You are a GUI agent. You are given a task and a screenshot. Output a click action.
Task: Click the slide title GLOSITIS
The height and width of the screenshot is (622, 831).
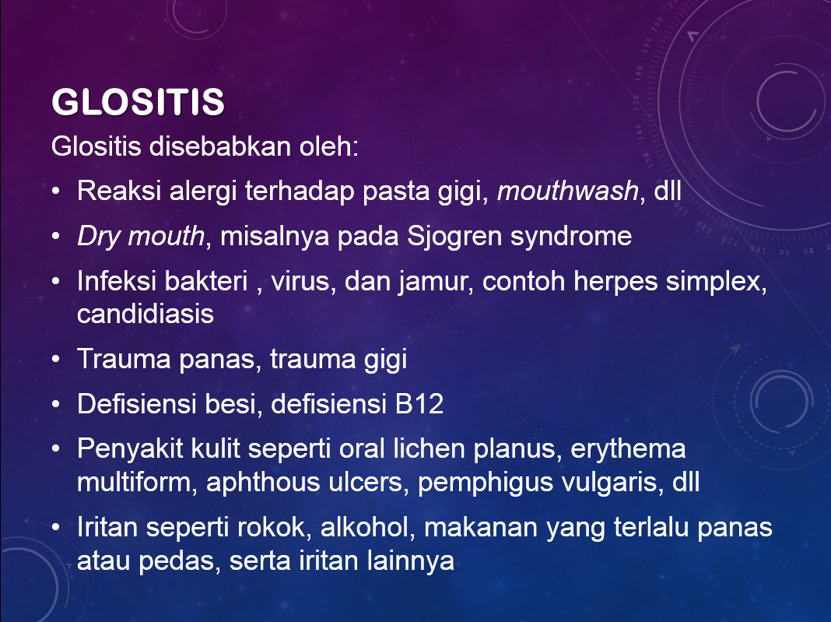tap(138, 103)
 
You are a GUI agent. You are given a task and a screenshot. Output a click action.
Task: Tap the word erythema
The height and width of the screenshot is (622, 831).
tap(629, 449)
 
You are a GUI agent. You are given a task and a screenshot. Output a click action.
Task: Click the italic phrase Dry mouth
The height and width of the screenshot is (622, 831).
tap(141, 236)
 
